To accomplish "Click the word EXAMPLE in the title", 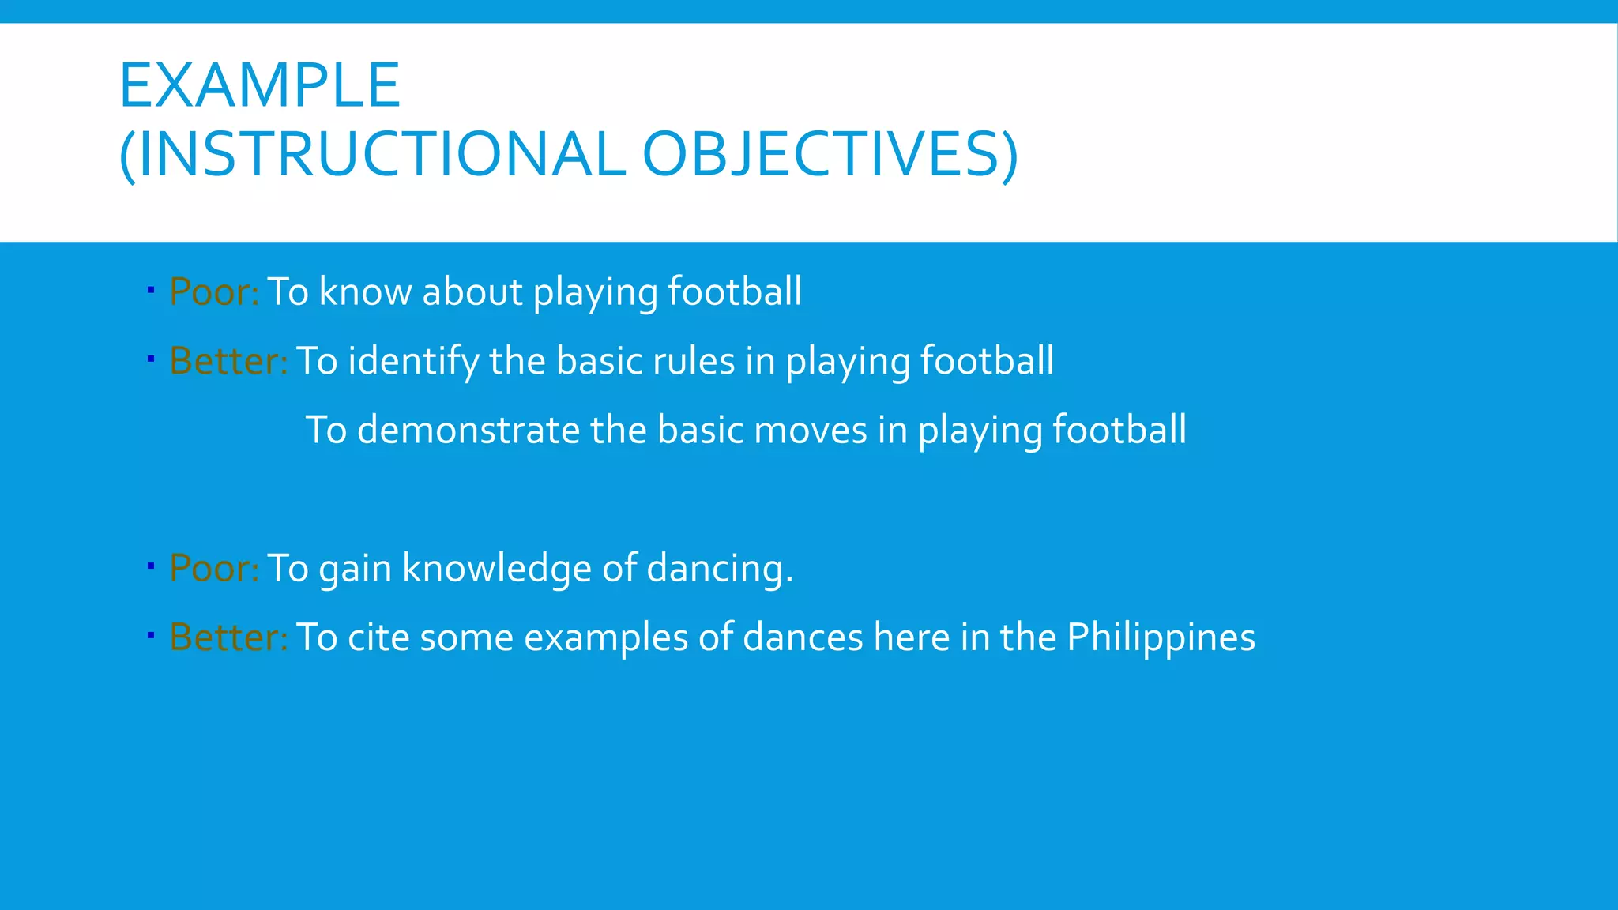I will (x=259, y=85).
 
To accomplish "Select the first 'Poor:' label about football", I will (x=214, y=291).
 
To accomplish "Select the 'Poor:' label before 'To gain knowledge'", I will (x=214, y=568).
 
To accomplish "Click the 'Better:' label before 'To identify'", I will (x=228, y=361).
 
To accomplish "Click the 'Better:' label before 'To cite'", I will (x=228, y=637).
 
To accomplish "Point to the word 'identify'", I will (x=413, y=361).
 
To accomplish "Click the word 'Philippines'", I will (x=1161, y=637).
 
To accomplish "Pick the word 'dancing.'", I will (x=719, y=568).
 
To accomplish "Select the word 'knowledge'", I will (x=496, y=568).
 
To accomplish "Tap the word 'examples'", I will (x=605, y=637).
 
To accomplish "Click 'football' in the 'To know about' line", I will (x=735, y=291).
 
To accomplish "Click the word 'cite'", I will (x=378, y=637).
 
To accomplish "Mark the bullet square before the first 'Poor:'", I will (x=150, y=291).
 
